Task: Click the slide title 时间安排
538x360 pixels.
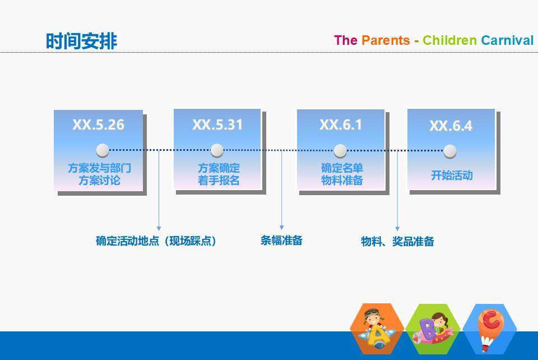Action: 82,41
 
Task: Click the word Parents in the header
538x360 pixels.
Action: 386,40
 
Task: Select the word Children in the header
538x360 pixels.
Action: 449,40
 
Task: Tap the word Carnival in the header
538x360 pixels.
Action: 507,40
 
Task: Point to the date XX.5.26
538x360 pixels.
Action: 99,124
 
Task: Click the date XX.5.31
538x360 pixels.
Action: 217,124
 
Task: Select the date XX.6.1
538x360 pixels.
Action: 341,124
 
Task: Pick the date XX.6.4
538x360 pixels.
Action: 451,126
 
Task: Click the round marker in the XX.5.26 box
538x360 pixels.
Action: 103,150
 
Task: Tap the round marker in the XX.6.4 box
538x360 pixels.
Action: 450,151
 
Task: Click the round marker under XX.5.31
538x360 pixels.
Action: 217,150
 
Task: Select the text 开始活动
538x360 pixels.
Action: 452,176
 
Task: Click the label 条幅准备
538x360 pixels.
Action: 281,240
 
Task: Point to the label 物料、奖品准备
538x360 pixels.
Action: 397,241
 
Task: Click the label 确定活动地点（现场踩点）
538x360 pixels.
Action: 156,241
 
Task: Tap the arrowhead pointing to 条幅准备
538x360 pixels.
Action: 282,228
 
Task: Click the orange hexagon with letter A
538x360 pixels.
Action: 377,329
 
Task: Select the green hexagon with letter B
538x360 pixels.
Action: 433,329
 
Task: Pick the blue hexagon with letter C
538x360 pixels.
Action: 490,329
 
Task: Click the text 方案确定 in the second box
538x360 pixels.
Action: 219,168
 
